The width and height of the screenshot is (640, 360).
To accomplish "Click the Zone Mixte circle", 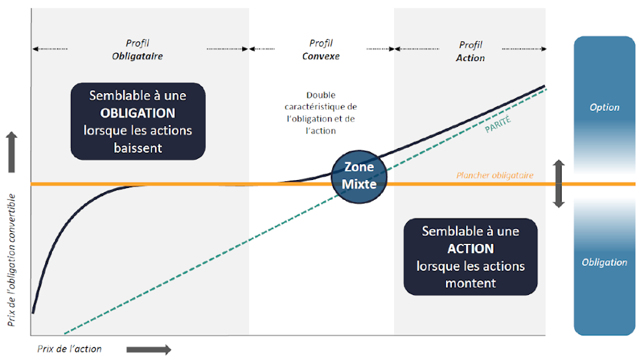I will pos(359,175).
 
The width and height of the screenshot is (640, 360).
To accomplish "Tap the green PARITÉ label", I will pos(498,124).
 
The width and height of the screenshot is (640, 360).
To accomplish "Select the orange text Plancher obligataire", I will pos(494,175).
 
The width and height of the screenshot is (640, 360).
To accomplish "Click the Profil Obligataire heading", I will pos(137,50).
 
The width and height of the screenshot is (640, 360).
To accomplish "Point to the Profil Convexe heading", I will pos(321,50).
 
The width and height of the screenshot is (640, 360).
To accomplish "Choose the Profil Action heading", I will pos(471,51).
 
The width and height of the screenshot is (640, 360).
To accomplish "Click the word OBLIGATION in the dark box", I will pos(138,113).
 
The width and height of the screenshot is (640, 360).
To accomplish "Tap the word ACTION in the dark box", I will pos(471,249).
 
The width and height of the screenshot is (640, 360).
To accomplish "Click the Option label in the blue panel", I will pos(604,107).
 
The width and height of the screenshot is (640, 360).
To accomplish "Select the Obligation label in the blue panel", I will pos(604,262).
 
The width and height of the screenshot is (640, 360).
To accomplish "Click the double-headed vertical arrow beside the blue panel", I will pos(558,183).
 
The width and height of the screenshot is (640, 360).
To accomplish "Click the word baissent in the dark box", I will pos(138,147).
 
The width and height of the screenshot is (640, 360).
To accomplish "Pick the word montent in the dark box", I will pos(471,283).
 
